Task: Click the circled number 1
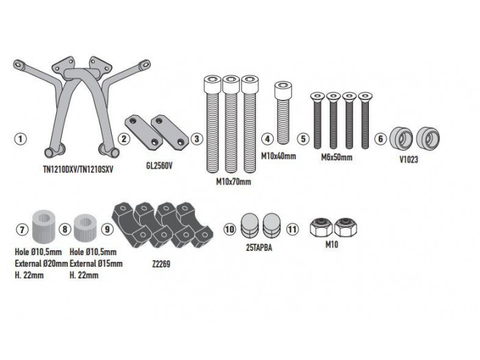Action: point(21,139)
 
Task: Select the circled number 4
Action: point(267,139)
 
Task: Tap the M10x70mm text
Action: point(232,182)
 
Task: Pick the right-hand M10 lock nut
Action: point(349,228)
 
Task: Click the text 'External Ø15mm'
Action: point(97,263)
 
